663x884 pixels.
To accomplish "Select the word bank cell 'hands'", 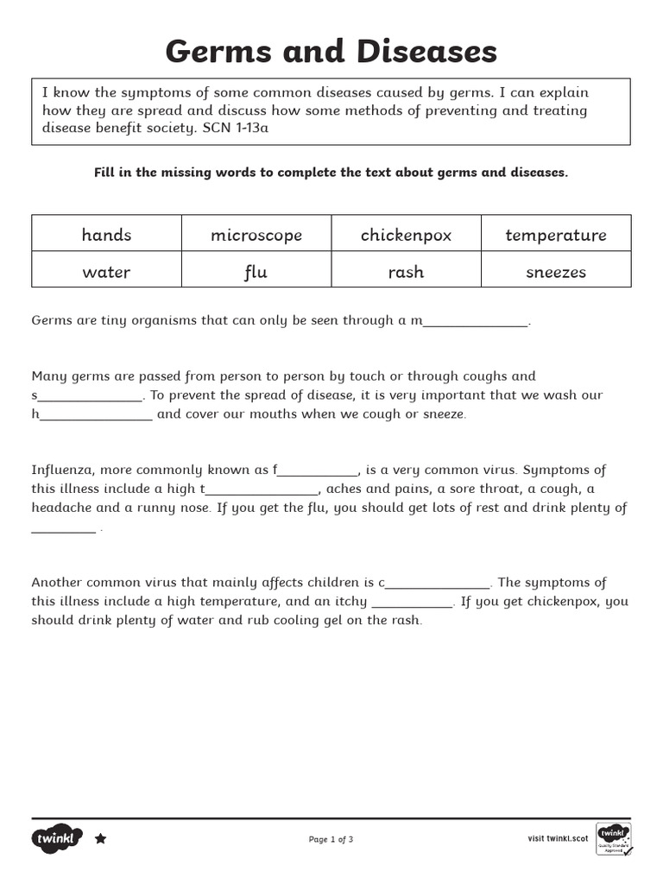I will [x=106, y=235].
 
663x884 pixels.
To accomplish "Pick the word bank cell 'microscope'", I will [x=256, y=235].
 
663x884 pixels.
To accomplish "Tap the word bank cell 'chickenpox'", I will [x=406, y=235].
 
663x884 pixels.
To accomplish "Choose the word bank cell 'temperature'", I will [x=555, y=235].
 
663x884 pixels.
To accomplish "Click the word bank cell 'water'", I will [x=106, y=272].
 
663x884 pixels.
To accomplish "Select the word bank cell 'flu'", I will [x=256, y=272].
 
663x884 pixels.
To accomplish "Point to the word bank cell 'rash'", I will [x=406, y=272].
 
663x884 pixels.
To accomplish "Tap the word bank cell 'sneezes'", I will [x=555, y=272].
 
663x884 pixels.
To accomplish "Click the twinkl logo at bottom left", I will [x=58, y=838].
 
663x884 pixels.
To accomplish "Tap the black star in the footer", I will [x=100, y=838].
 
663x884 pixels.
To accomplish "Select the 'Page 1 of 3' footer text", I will [x=331, y=839].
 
